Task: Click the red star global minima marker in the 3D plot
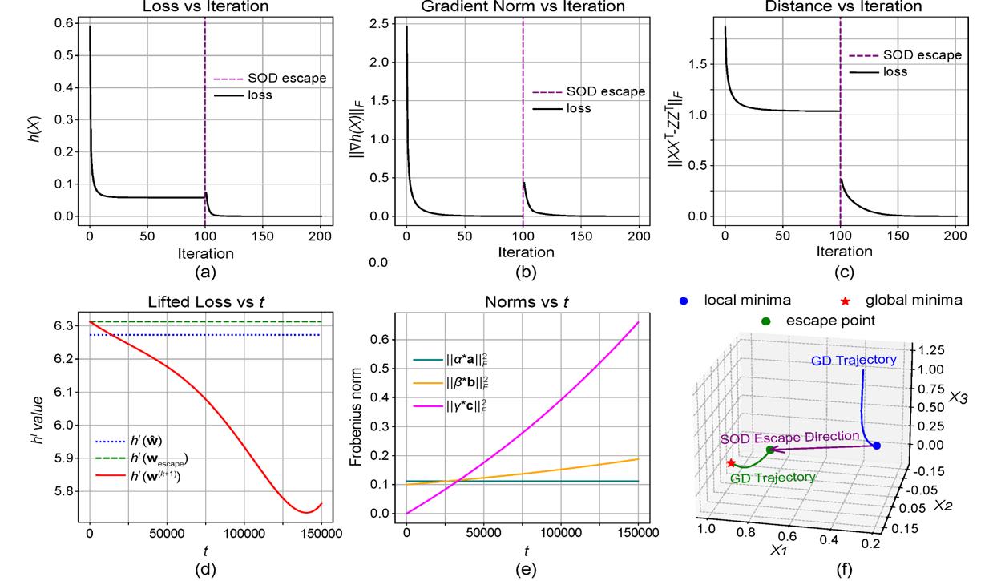(x=730, y=463)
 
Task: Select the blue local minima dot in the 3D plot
(x=876, y=446)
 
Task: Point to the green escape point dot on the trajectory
(x=769, y=450)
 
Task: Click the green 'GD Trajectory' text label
(x=773, y=478)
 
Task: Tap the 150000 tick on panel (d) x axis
(x=320, y=531)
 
